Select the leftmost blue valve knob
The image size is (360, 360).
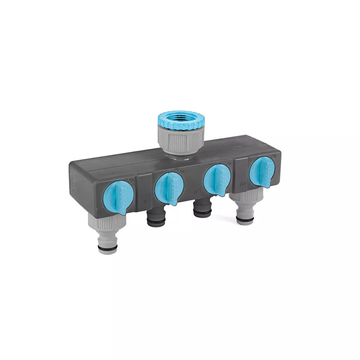pyautogui.click(x=118, y=198)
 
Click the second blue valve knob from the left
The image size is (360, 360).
pyautogui.click(x=168, y=188)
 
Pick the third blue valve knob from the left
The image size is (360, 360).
pyautogui.click(x=216, y=180)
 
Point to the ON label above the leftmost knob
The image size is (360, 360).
pyautogui.click(x=131, y=180)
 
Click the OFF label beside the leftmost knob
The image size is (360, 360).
pyautogui.click(x=99, y=209)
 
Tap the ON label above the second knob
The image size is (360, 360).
pyautogui.click(x=182, y=171)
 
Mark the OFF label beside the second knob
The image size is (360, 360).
pyautogui.click(x=147, y=202)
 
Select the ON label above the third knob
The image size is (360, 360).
pyautogui.click(x=229, y=163)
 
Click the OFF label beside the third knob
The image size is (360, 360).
pyautogui.click(x=197, y=192)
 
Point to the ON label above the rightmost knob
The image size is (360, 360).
pyautogui.click(x=273, y=155)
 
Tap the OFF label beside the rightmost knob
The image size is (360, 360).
pyautogui.click(x=243, y=184)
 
